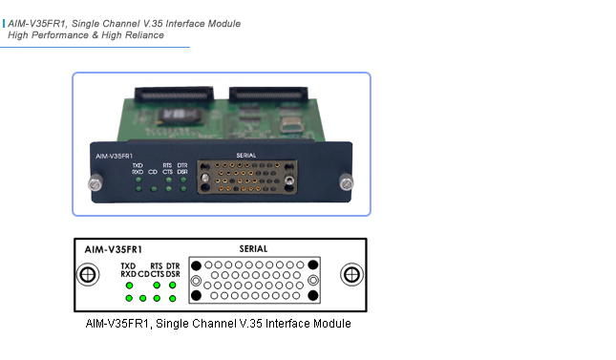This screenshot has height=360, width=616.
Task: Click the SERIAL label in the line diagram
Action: pos(253,248)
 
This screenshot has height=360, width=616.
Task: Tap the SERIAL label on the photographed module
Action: pos(245,155)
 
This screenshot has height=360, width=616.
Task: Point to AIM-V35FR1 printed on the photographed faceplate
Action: pos(114,155)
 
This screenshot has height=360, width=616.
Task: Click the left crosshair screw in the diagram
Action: pos(88,275)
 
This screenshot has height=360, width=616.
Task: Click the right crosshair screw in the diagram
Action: pos(351,275)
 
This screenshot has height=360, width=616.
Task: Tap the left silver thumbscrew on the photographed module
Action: pos(93,182)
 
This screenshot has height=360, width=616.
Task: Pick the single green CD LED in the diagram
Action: pos(142,298)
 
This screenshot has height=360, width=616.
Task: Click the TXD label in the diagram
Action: pos(129,265)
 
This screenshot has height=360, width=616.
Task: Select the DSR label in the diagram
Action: pos(173,274)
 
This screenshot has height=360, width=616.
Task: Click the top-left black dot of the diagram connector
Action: pos(197,264)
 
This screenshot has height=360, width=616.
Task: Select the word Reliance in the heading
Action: pos(143,35)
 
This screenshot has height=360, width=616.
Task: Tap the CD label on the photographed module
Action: pos(153,173)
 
